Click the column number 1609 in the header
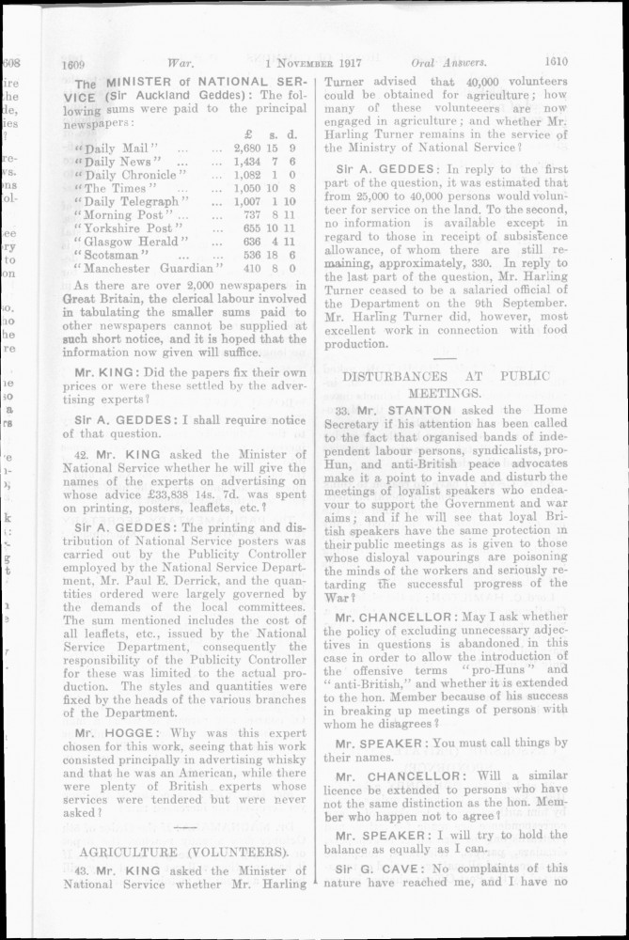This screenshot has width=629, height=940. [74, 65]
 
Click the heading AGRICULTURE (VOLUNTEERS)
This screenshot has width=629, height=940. [187, 852]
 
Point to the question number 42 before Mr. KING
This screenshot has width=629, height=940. [82, 452]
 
